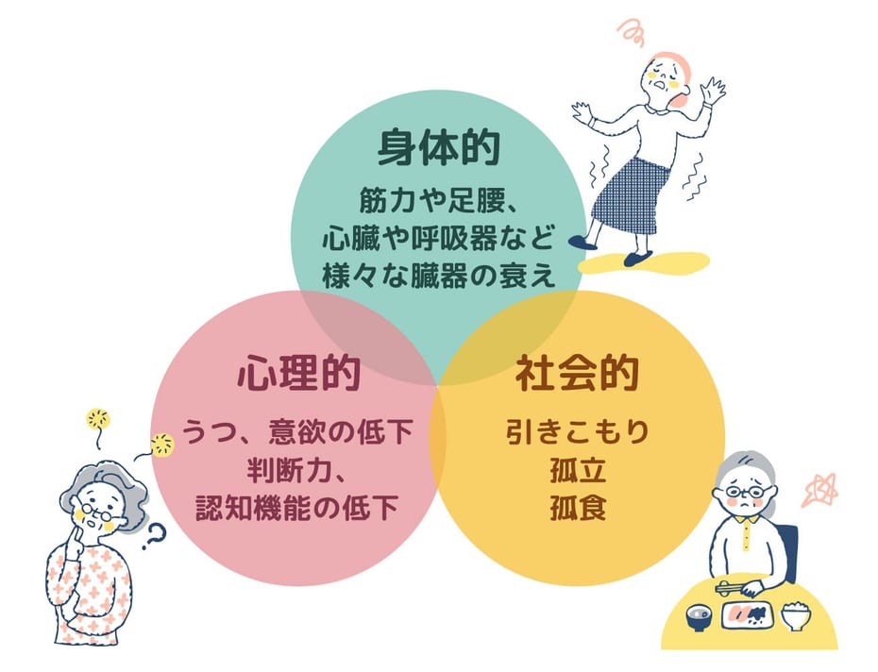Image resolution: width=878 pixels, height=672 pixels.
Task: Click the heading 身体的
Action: [x=438, y=148]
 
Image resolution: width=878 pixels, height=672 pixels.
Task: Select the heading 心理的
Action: [x=298, y=374]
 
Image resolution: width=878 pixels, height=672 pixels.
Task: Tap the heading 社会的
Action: [x=577, y=374]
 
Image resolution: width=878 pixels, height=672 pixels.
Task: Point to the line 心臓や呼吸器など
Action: [x=437, y=235]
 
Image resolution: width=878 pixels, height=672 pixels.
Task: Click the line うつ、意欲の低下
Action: [x=297, y=433]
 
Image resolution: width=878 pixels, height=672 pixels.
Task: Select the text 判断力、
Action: [x=297, y=469]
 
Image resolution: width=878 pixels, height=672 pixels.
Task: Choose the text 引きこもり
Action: [x=577, y=433]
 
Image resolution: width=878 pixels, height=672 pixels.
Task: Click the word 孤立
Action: [x=577, y=470]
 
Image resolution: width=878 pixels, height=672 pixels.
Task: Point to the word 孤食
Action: [x=577, y=508]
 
